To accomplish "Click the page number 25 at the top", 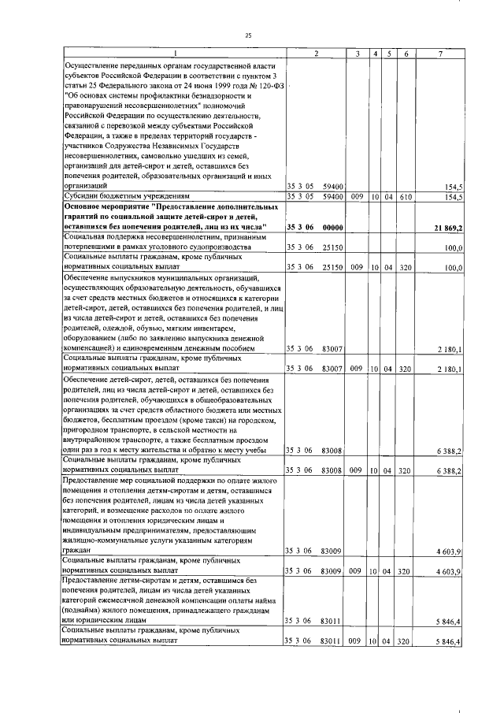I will (x=249, y=35).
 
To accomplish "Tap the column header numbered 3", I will (x=357, y=53).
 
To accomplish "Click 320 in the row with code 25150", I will (x=405, y=268).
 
